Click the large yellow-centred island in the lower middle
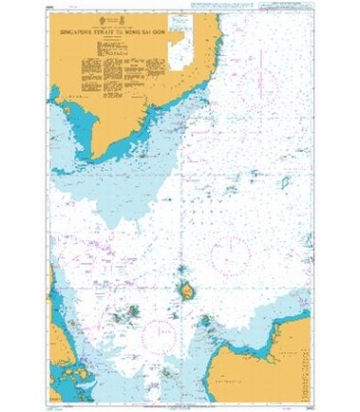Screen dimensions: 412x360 [183, 290]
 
